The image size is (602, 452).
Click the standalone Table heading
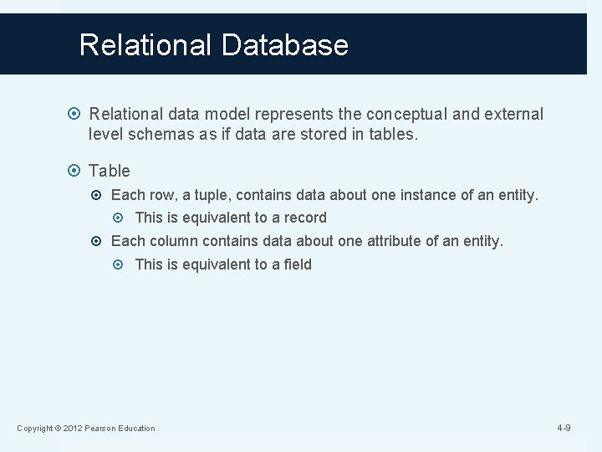[x=110, y=171]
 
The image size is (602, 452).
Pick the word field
[x=296, y=265]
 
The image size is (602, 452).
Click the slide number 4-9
[x=564, y=429]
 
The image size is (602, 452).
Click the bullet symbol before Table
[x=76, y=171]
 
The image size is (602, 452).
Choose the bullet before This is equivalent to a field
[x=123, y=265]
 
